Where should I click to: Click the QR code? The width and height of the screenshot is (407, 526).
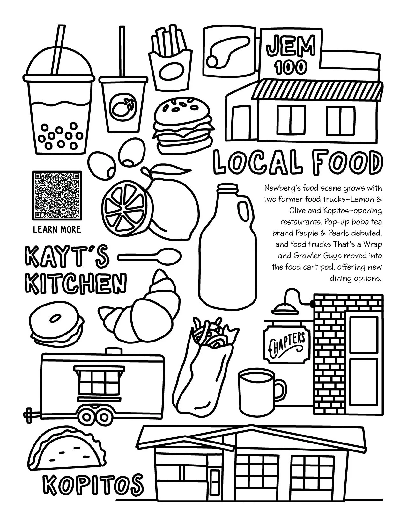point(57,195)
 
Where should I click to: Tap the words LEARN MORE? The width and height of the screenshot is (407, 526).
point(57,229)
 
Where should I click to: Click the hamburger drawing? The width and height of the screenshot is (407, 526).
point(182,126)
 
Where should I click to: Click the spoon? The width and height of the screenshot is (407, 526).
point(150,256)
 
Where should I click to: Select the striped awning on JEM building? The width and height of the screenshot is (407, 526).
point(317,90)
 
